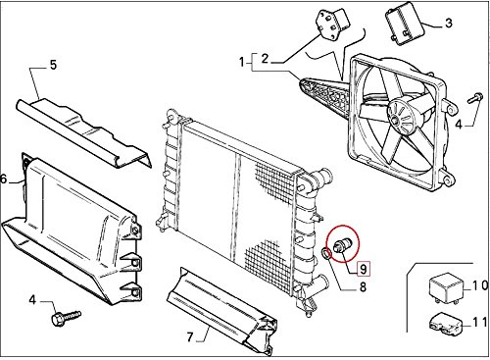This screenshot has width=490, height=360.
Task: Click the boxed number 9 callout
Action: click(x=362, y=268)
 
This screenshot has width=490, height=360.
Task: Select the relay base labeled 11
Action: click(x=437, y=320)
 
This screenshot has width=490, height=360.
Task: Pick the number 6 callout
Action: click(x=6, y=179)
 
